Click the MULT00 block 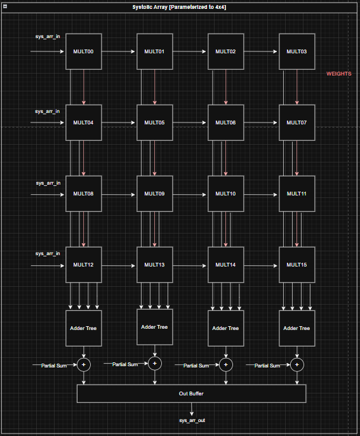tap(84, 51)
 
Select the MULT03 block tap(297, 51)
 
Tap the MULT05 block tap(155, 122)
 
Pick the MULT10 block tap(225, 194)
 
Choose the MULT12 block tap(84, 265)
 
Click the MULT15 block tap(297, 265)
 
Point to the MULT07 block tap(297, 122)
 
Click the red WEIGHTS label tap(338, 74)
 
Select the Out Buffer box tap(191, 393)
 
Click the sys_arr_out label tap(192, 421)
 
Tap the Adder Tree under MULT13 tap(155, 327)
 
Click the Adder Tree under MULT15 tap(297, 328)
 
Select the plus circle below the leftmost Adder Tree tap(84, 364)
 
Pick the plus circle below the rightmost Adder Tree tap(297, 364)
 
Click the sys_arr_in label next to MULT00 tap(48, 37)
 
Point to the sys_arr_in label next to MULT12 tap(48, 253)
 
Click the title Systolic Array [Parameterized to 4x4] tap(179, 6)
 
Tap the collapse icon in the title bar tap(6, 6)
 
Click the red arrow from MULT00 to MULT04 tap(84, 87)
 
